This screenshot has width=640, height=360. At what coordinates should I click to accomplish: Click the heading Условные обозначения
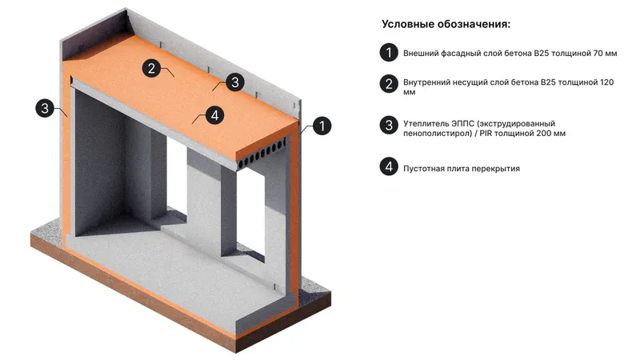[446, 24]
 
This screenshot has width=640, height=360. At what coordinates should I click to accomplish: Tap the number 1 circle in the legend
[388, 53]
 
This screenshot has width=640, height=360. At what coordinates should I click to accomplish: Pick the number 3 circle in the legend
[388, 126]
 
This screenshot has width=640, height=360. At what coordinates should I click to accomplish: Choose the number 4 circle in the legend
[388, 167]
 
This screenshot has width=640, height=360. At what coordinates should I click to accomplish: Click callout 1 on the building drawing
[321, 126]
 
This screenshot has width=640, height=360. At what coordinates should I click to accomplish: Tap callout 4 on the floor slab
[213, 115]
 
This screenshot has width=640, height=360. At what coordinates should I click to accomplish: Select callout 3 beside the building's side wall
[45, 108]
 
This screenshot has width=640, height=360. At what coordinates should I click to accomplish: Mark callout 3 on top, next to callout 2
[233, 81]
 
